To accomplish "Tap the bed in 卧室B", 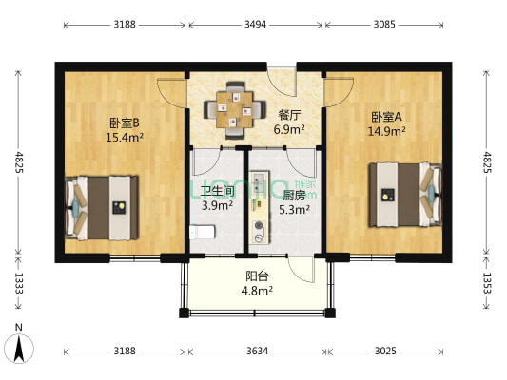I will click(x=104, y=205).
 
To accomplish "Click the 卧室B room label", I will click(x=124, y=122).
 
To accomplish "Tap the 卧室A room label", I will click(x=386, y=118).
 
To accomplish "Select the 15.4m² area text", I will click(x=124, y=137).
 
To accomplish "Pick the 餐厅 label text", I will click(x=288, y=115).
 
